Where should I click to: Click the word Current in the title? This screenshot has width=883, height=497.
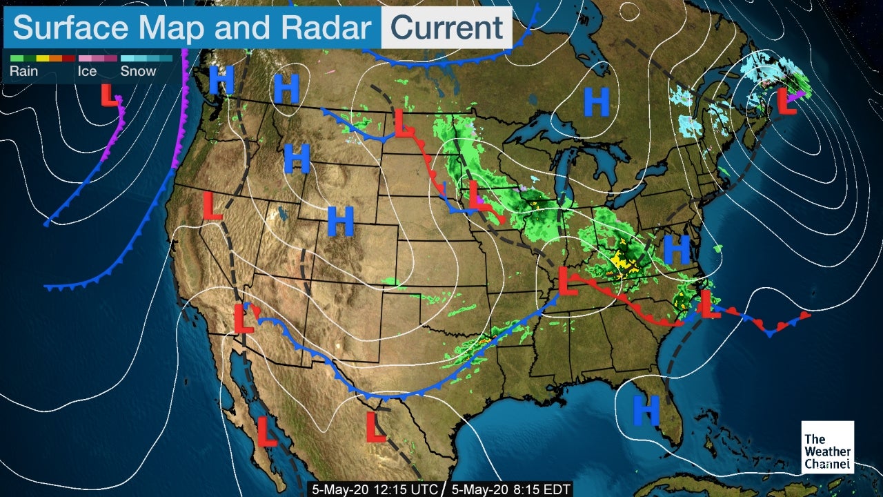click(x=446, y=28)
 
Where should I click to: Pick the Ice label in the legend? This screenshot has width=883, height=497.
click(x=87, y=71)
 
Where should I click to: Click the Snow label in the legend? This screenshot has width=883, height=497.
click(x=138, y=71)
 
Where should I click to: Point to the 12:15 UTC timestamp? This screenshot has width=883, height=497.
click(x=374, y=489)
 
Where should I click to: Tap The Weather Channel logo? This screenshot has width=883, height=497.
click(x=827, y=447)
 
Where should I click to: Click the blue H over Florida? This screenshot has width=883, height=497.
click(x=646, y=410)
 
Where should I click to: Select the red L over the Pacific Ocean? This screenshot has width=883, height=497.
click(x=109, y=95)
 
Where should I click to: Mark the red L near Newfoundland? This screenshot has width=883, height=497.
click(x=786, y=101)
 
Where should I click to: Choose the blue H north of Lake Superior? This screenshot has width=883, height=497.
click(x=597, y=102)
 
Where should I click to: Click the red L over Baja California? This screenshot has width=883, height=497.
click(x=262, y=432)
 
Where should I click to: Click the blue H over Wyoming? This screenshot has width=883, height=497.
click(x=340, y=222)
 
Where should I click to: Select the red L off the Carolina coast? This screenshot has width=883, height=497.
click(x=706, y=304)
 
